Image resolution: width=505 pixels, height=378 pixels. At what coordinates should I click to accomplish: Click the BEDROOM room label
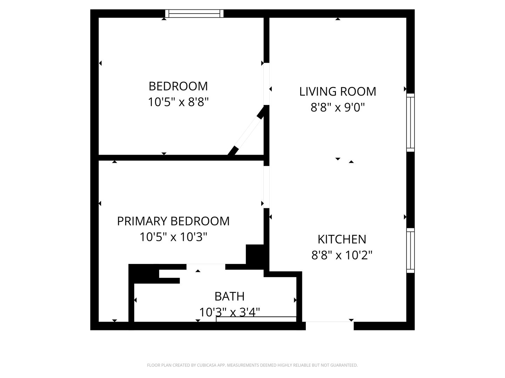(x=178, y=86)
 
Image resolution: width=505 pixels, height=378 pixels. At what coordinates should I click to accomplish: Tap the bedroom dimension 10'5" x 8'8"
(x=178, y=102)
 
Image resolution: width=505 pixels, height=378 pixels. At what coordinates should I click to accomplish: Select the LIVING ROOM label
(x=337, y=91)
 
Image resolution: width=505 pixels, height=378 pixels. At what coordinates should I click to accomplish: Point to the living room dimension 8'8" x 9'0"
(x=337, y=107)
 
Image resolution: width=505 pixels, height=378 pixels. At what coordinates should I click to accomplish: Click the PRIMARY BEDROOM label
(x=173, y=221)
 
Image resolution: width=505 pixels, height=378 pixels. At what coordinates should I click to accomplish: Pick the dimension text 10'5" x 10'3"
(x=173, y=237)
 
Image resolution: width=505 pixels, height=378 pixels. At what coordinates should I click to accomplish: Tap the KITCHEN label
(x=342, y=239)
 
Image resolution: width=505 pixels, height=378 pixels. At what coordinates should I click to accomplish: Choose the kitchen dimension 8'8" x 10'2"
(x=342, y=255)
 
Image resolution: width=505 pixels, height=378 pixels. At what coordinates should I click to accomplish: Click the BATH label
(x=229, y=296)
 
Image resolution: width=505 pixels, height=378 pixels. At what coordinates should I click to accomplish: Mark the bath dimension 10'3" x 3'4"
(x=229, y=311)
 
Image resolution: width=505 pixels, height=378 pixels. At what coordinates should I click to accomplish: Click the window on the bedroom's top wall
(x=194, y=13)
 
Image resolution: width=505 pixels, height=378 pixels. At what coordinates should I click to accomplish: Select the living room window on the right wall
(x=410, y=122)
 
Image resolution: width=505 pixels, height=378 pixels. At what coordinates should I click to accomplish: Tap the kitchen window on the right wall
(x=410, y=250)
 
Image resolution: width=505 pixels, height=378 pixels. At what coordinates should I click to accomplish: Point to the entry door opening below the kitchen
(x=329, y=325)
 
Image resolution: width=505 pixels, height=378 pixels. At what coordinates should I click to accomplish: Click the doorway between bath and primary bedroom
(x=206, y=267)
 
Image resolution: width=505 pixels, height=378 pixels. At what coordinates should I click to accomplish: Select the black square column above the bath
(x=255, y=254)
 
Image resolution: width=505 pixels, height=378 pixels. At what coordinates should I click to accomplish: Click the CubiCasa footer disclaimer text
(x=252, y=365)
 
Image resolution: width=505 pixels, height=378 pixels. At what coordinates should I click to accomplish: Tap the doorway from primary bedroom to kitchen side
(x=267, y=187)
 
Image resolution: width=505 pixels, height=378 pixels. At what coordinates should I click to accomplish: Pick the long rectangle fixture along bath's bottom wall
(x=256, y=319)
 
